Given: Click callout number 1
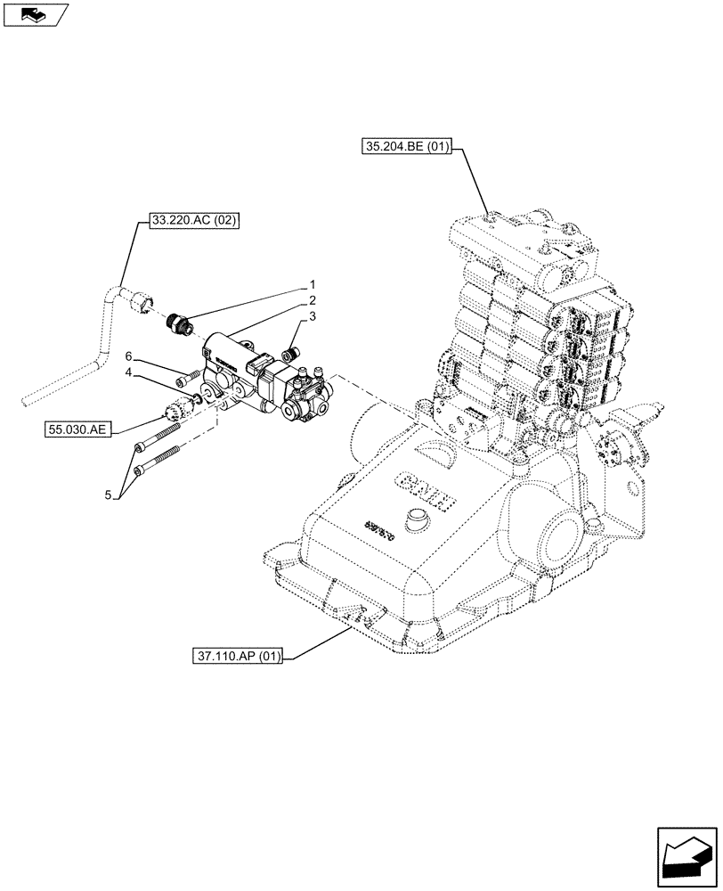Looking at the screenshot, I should click(x=313, y=285).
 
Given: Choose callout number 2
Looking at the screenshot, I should click(x=313, y=301).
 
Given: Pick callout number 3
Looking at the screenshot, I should click(x=313, y=317).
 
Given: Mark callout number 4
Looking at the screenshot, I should click(x=129, y=372).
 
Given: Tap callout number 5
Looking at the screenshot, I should click(x=109, y=495).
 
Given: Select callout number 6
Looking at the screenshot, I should click(x=129, y=356).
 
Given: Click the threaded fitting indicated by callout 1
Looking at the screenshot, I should click(x=181, y=323).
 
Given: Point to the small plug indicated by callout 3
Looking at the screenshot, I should click(x=288, y=356).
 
